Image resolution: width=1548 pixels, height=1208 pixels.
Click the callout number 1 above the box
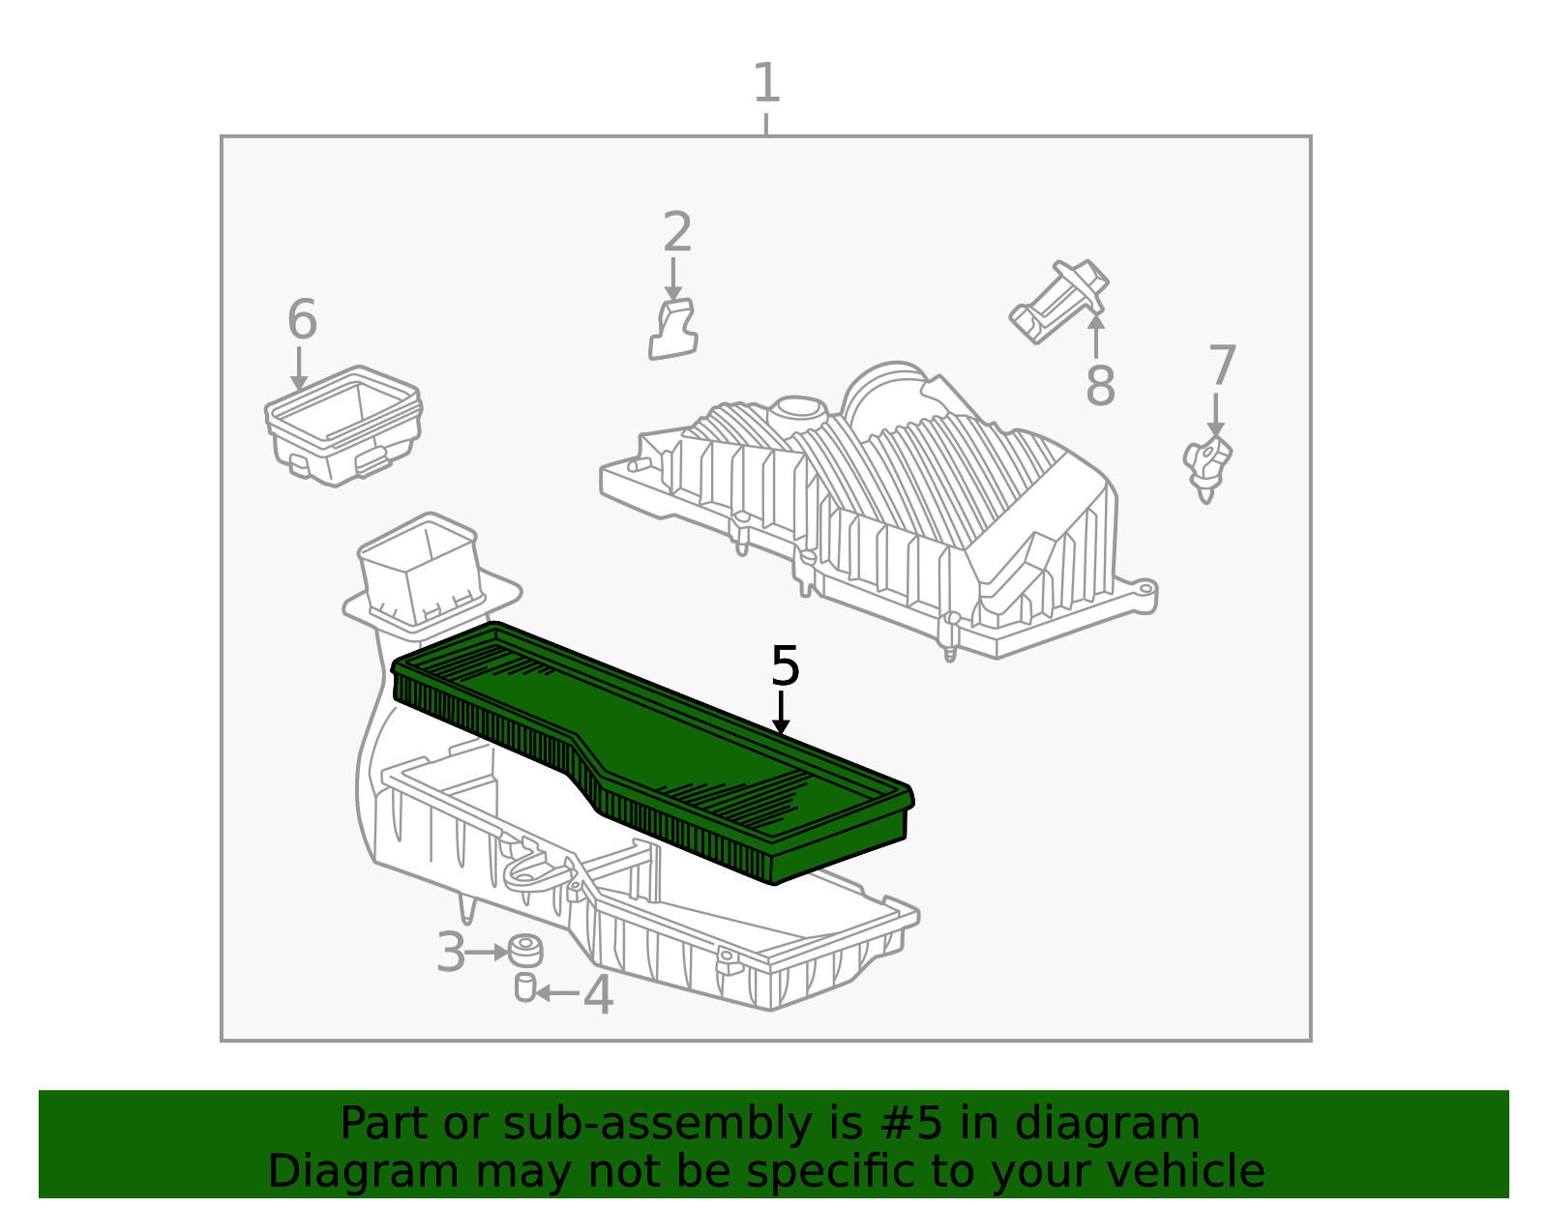[x=766, y=82]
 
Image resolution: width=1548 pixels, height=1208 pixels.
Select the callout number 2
[x=676, y=231]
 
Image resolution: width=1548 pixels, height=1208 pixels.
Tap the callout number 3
[x=450, y=953]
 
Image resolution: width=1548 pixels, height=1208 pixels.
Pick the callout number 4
[x=598, y=995]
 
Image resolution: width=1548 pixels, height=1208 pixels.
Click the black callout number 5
[x=785, y=665]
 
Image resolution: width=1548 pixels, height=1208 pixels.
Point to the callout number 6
[x=302, y=319]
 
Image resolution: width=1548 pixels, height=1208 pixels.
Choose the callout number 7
[x=1223, y=366]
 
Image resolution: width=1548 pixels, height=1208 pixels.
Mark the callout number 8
[x=1100, y=385]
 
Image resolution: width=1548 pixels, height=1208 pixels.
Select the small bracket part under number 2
[x=672, y=330]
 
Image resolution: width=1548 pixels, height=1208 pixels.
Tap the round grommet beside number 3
[x=525, y=952]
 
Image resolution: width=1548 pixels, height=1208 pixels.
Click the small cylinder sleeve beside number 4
[x=525, y=987]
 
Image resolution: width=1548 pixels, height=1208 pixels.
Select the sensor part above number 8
[x=1059, y=301]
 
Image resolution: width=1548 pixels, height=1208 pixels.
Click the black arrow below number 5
[x=781, y=712]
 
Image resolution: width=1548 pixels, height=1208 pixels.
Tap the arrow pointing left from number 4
[x=557, y=993]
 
